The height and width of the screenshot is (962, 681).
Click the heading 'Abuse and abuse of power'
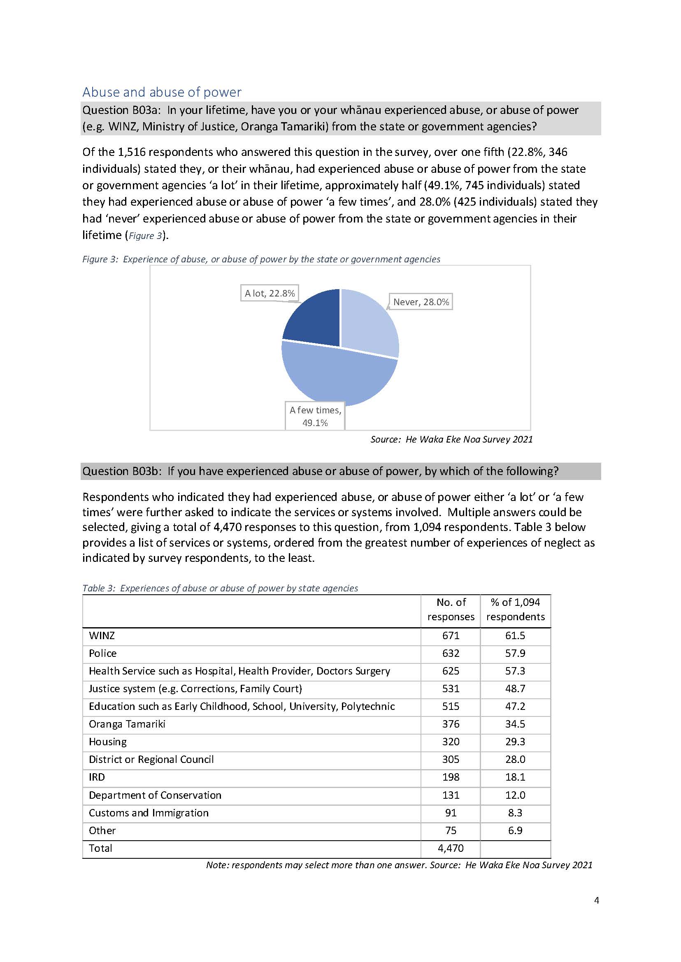tap(162, 92)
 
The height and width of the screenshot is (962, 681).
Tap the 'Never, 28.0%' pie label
tap(421, 302)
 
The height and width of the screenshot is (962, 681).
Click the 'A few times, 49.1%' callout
tap(315, 416)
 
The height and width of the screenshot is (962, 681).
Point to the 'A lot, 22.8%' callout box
tap(270, 293)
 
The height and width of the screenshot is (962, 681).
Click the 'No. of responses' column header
tap(451, 610)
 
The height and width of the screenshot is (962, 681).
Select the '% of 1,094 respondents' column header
tap(515, 610)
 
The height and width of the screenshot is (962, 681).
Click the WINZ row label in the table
tap(102, 635)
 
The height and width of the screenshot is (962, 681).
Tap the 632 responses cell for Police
tap(451, 653)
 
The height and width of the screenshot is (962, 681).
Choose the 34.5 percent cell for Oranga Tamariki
tap(515, 724)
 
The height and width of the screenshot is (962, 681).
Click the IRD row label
tap(97, 777)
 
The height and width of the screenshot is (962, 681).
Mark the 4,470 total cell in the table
tap(451, 848)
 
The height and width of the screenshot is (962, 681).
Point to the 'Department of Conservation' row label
tap(155, 795)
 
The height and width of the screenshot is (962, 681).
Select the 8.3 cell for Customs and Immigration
tap(515, 813)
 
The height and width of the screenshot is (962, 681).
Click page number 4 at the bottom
tap(597, 900)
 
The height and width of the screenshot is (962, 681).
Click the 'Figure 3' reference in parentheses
tap(145, 236)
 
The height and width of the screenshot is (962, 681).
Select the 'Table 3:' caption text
tap(98, 588)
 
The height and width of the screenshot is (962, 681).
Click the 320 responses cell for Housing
tap(451, 742)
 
